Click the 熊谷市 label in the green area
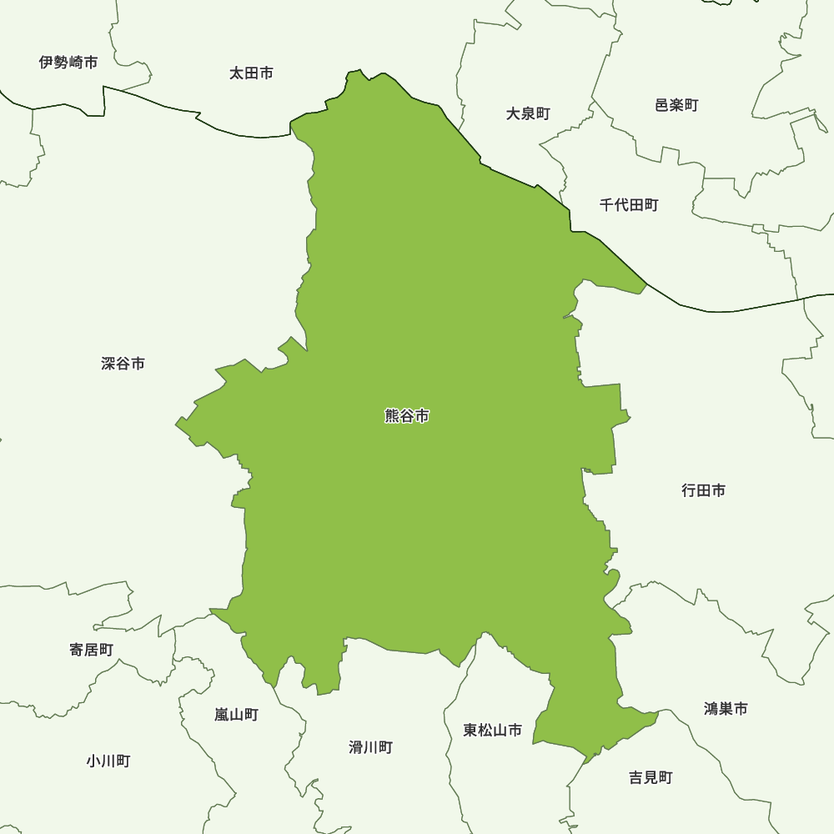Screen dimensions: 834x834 pos(407,416)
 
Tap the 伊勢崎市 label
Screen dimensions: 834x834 pos(68,63)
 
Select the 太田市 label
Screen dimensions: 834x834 pos(251,73)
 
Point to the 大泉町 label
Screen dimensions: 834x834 pos(528,113)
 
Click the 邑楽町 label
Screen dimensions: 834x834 pos(676,105)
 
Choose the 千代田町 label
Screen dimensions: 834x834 pos(629,204)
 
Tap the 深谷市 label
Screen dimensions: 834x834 pos(123,364)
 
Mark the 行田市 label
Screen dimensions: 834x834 pos(703,490)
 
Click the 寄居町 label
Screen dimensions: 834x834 pos(91,650)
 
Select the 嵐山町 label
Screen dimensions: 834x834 pos(236,715)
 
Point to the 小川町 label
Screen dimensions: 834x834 pos(108,761)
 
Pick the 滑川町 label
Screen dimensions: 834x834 pos(370,747)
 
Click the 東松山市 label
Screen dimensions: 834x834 pos(493,731)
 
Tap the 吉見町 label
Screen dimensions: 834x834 pos(651,777)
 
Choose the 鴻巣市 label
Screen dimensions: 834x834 pos(726,709)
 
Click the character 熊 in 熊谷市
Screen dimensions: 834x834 pos(392,416)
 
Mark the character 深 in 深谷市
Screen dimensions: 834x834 pos(108,364)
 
